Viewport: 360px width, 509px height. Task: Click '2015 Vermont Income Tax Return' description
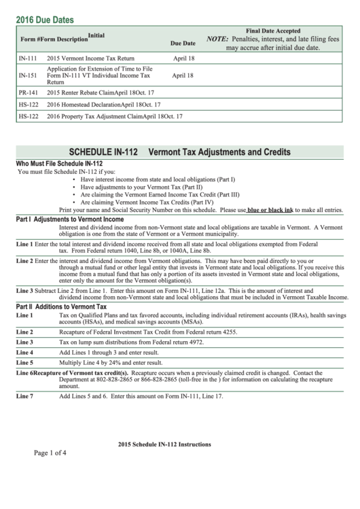click(91, 58)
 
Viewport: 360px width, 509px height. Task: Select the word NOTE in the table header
click(217, 39)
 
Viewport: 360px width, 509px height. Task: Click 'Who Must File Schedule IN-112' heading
click(59, 164)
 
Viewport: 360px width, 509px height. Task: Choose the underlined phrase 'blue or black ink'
click(270, 211)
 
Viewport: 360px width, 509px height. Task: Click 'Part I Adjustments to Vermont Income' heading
click(60, 220)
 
